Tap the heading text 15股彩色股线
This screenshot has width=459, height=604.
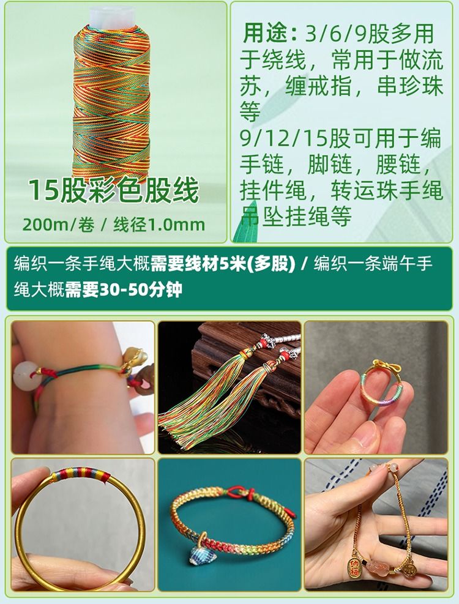click(x=114, y=190)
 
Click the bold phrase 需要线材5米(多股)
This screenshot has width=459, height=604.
click(x=223, y=264)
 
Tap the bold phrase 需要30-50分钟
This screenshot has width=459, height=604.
click(x=124, y=289)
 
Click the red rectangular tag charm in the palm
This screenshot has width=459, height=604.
click(x=353, y=568)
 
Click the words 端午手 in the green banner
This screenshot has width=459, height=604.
click(x=408, y=264)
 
